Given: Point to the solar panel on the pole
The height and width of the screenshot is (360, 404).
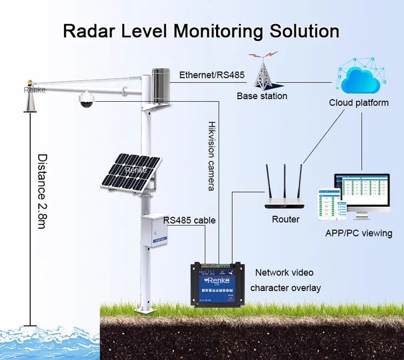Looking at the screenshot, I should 130,172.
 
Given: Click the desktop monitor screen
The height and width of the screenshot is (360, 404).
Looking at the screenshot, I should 362,192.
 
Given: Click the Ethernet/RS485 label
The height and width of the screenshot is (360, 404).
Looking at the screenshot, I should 212,75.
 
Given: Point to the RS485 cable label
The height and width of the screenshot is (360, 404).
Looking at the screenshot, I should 190,220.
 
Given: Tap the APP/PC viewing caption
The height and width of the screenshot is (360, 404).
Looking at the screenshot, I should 358,233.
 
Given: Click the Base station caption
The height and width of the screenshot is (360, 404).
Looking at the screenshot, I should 262,96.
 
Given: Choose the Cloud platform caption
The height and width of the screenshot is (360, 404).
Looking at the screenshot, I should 359,103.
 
